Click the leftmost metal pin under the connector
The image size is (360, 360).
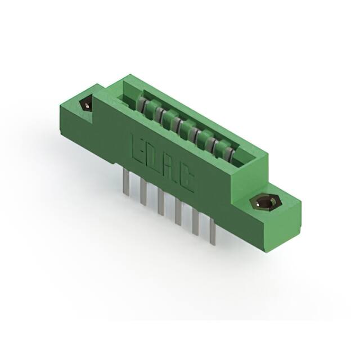pyautogui.click(x=126, y=182)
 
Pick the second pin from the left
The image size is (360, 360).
pyautogui.click(x=143, y=193)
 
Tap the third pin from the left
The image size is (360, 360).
pyautogui.click(x=161, y=202)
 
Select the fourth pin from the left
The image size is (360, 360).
pyautogui.click(x=178, y=212)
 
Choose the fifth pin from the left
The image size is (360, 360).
pyautogui.click(x=195, y=222)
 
